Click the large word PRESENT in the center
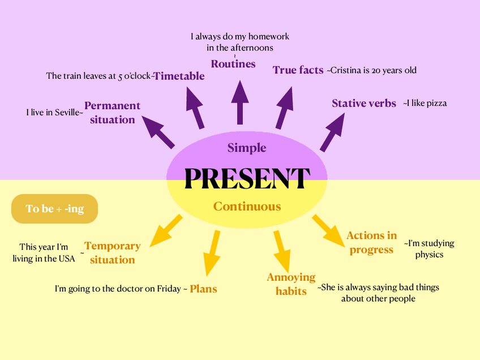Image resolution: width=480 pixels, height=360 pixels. click(x=247, y=178)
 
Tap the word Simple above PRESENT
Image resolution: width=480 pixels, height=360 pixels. click(x=247, y=148)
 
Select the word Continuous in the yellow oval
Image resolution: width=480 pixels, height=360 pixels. click(x=247, y=207)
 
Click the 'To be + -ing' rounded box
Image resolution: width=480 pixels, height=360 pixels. click(x=55, y=209)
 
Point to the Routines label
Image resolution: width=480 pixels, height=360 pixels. click(x=233, y=64)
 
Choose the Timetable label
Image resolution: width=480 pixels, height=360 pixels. click(x=179, y=76)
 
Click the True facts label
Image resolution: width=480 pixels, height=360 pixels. click(x=298, y=70)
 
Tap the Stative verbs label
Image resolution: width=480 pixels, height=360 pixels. click(x=364, y=104)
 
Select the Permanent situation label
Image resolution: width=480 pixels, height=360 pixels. click(x=112, y=112)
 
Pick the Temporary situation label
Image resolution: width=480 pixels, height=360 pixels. click(x=112, y=252)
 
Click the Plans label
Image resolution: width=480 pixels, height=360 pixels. click(x=203, y=289)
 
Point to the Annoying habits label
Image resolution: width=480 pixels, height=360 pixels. click(x=291, y=284)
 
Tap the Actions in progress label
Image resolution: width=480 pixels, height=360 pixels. click(x=371, y=242)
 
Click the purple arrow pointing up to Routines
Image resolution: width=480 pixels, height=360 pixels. click(x=240, y=102)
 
